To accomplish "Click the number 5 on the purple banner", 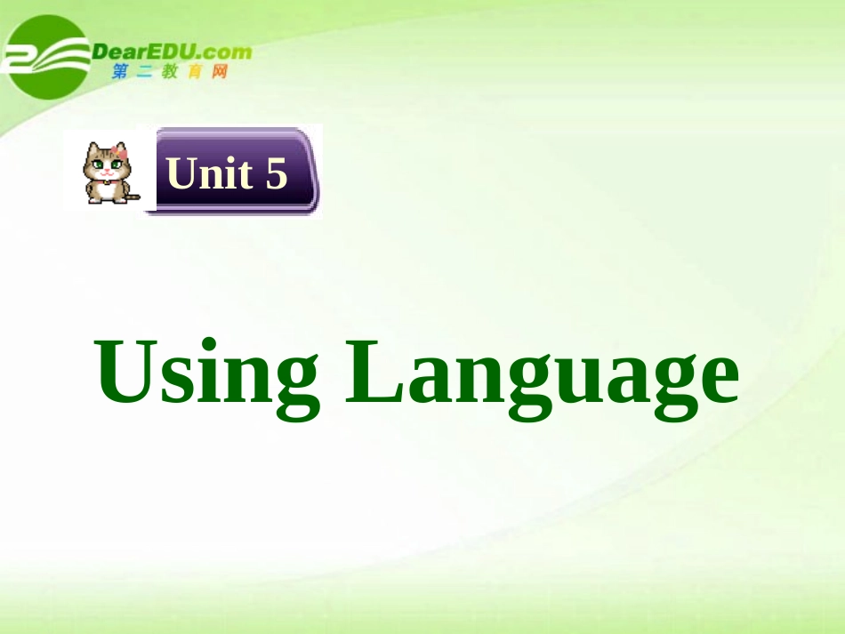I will pyautogui.click(x=277, y=173).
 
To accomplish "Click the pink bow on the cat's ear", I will pyautogui.click(x=119, y=152).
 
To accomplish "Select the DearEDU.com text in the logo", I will pyautogui.click(x=172, y=52).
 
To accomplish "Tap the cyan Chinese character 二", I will pyautogui.click(x=145, y=72).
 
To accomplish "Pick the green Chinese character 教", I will pyautogui.click(x=170, y=72).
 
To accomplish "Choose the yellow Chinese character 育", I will pyautogui.click(x=195, y=72).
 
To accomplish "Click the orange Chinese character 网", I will pyautogui.click(x=219, y=72).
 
